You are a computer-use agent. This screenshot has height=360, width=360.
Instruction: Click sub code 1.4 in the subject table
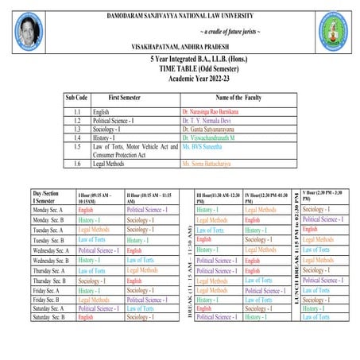[77, 137]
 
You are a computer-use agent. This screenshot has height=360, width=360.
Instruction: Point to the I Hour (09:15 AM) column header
[99, 198]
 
